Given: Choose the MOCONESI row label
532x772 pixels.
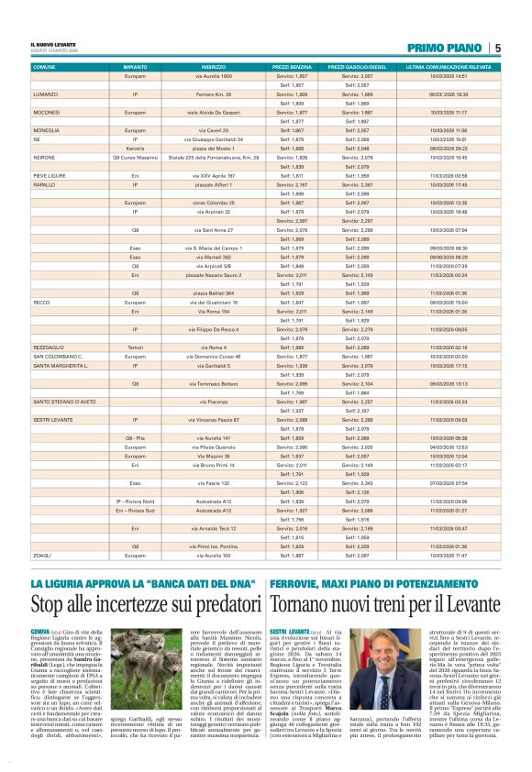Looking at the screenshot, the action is (x=48, y=111).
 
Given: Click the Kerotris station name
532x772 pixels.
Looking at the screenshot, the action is (x=135, y=147).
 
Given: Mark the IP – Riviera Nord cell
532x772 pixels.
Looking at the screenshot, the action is (x=135, y=502).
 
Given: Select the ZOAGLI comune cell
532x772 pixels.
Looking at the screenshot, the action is (x=43, y=556).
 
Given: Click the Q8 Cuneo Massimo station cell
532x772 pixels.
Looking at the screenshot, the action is (x=135, y=157).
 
